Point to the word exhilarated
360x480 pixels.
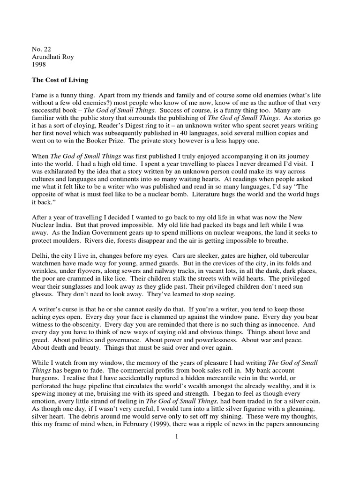pos(60,171)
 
